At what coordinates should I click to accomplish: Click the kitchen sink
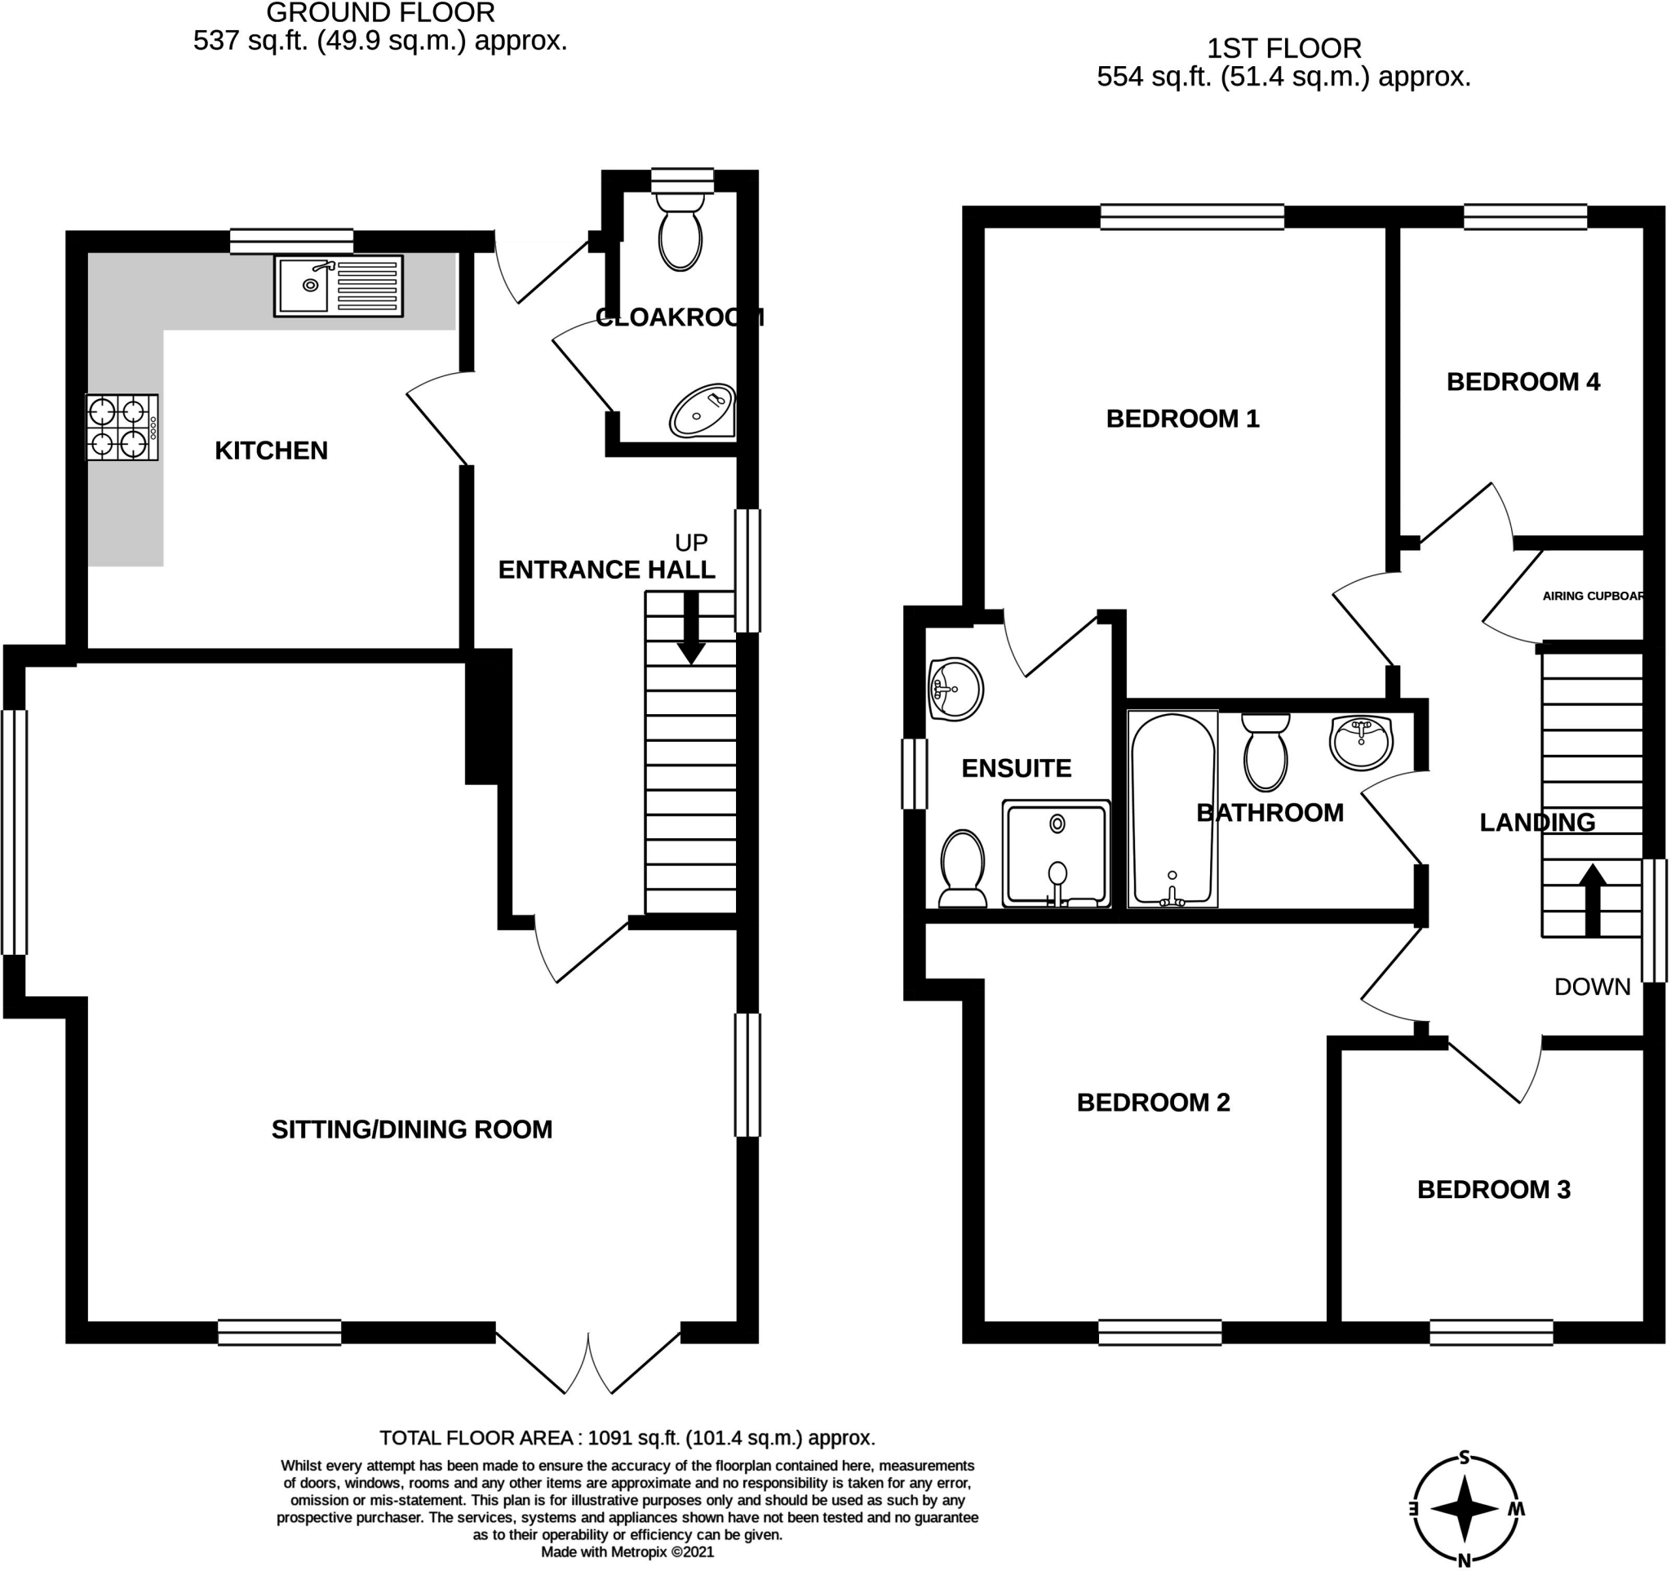click(x=338, y=286)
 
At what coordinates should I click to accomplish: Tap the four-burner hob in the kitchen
click(x=122, y=427)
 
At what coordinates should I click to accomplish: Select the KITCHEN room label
click(x=271, y=451)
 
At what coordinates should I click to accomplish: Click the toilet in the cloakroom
click(x=680, y=231)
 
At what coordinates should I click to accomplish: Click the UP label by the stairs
click(x=691, y=542)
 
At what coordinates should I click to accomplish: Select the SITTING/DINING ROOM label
click(x=412, y=1129)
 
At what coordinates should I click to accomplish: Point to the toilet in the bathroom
click(x=1265, y=752)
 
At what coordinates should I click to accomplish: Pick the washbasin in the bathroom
click(x=1362, y=741)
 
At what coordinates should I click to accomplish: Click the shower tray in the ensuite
click(x=1056, y=854)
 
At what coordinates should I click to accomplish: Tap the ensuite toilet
click(x=963, y=869)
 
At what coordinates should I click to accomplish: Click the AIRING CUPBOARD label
click(x=1592, y=596)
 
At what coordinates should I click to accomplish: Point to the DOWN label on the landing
click(x=1592, y=987)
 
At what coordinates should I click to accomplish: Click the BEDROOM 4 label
click(x=1523, y=383)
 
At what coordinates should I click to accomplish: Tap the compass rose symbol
click(x=1465, y=1509)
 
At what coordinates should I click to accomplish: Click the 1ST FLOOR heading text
click(x=1283, y=49)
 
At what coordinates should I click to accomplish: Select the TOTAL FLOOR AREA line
click(x=627, y=1438)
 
